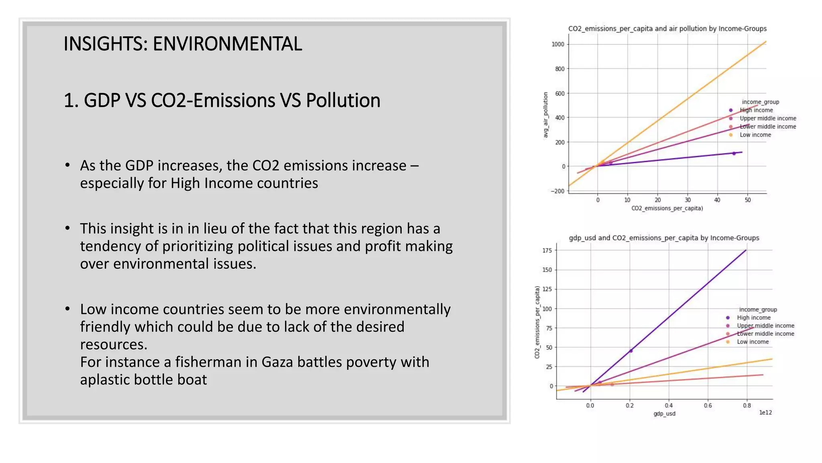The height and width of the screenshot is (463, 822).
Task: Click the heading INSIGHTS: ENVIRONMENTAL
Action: (183, 44)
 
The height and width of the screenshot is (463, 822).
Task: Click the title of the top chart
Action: (667, 29)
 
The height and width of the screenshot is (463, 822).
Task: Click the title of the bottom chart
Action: (664, 238)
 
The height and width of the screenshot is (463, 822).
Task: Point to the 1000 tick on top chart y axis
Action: (558, 44)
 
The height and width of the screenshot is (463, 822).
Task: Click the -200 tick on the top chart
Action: (557, 191)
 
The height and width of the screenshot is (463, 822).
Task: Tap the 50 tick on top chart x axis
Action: (747, 200)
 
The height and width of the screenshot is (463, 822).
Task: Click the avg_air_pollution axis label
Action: (545, 115)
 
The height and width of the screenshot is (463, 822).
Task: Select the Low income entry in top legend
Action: (755, 135)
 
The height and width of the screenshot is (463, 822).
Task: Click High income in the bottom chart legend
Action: (753, 318)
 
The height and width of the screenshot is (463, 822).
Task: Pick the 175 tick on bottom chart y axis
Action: (547, 250)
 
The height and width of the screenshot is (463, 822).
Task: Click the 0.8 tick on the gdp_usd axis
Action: (747, 406)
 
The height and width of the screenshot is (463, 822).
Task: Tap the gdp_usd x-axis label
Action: (664, 414)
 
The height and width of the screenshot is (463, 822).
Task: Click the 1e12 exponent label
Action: (765, 413)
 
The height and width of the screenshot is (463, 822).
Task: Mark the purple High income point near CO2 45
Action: (734, 153)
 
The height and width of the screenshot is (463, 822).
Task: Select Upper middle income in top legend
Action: (767, 119)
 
